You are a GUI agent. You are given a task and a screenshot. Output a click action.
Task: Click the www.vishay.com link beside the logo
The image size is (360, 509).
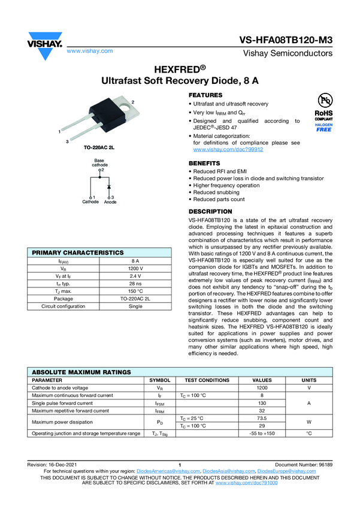pyautogui.click(x=90, y=51)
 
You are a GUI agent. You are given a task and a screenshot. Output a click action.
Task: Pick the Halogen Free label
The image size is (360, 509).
pyautogui.click(x=323, y=127)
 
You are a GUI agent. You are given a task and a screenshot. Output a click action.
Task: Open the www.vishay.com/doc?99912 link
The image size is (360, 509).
pyautogui.click(x=228, y=149)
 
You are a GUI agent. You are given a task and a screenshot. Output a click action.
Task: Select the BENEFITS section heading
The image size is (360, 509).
pyautogui.click(x=204, y=163)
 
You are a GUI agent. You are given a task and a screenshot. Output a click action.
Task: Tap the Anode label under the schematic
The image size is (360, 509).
pyautogui.click(x=110, y=202)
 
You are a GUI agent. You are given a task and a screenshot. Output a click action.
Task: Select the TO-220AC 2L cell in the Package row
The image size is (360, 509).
pyautogui.click(x=135, y=299)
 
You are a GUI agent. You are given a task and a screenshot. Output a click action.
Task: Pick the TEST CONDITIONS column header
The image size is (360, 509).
pyautogui.click(x=207, y=380)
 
